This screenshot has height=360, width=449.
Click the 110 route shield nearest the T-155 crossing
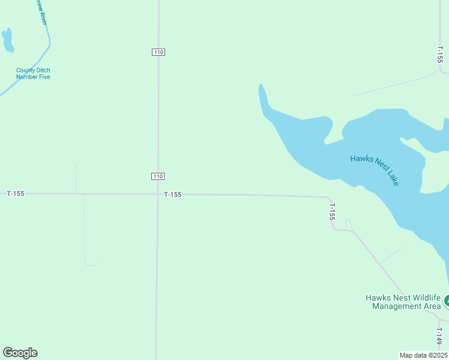(157, 176)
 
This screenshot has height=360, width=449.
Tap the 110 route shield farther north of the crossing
(158, 53)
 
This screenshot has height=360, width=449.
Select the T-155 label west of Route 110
(16, 193)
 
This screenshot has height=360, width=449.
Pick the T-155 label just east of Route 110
(173, 194)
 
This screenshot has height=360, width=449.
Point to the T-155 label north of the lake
(440, 55)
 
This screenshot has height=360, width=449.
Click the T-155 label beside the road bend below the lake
(331, 211)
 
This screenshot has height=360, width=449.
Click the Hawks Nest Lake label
(375, 170)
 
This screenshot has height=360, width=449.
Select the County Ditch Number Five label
(33, 74)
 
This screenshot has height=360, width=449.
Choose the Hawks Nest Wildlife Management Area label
(403, 302)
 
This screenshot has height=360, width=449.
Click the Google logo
(20, 353)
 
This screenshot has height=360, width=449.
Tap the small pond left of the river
(8, 40)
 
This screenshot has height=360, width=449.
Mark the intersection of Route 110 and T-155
(157, 194)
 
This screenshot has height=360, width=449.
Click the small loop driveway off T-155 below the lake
(349, 224)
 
